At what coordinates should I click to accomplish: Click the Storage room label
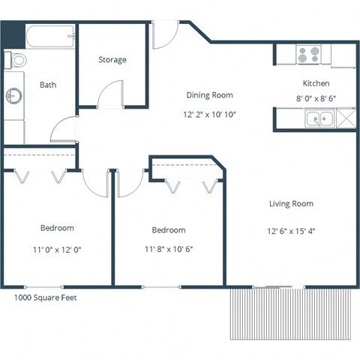112,59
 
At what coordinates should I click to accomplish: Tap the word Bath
47,85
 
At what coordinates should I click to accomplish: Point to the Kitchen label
316,83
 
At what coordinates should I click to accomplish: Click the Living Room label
291,203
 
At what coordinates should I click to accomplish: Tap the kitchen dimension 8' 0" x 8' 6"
316,97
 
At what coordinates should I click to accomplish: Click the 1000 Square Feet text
46,297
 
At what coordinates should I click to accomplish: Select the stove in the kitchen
308,55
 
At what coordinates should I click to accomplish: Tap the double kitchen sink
320,118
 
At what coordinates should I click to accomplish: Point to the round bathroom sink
14,96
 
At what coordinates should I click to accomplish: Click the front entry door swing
163,34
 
